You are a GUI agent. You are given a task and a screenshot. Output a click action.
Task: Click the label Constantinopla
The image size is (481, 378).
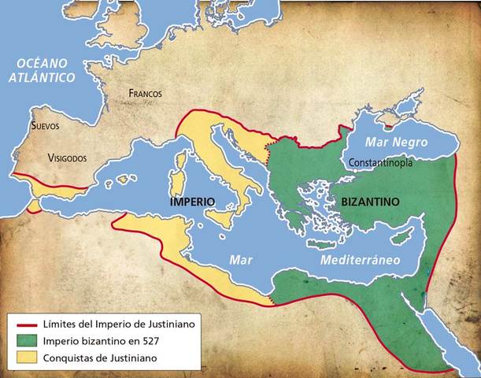386,163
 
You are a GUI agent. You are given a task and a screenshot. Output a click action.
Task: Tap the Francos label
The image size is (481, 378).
146,94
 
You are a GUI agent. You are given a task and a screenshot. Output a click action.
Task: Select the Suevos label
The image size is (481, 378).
44,125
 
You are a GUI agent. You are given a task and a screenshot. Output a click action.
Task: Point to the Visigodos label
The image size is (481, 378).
67,157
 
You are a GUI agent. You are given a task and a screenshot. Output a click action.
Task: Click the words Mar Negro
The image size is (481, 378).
397,143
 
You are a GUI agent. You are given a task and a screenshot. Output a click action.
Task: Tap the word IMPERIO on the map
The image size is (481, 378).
192,202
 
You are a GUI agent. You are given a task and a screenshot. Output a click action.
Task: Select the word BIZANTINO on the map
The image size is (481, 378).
370,202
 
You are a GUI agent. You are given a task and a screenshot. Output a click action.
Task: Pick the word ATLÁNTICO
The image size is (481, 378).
41,77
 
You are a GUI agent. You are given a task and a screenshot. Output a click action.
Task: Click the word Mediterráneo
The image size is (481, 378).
359,259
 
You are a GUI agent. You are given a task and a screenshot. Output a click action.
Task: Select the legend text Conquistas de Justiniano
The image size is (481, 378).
100,358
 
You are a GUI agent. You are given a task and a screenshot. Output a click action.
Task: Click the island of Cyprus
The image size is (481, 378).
405,237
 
